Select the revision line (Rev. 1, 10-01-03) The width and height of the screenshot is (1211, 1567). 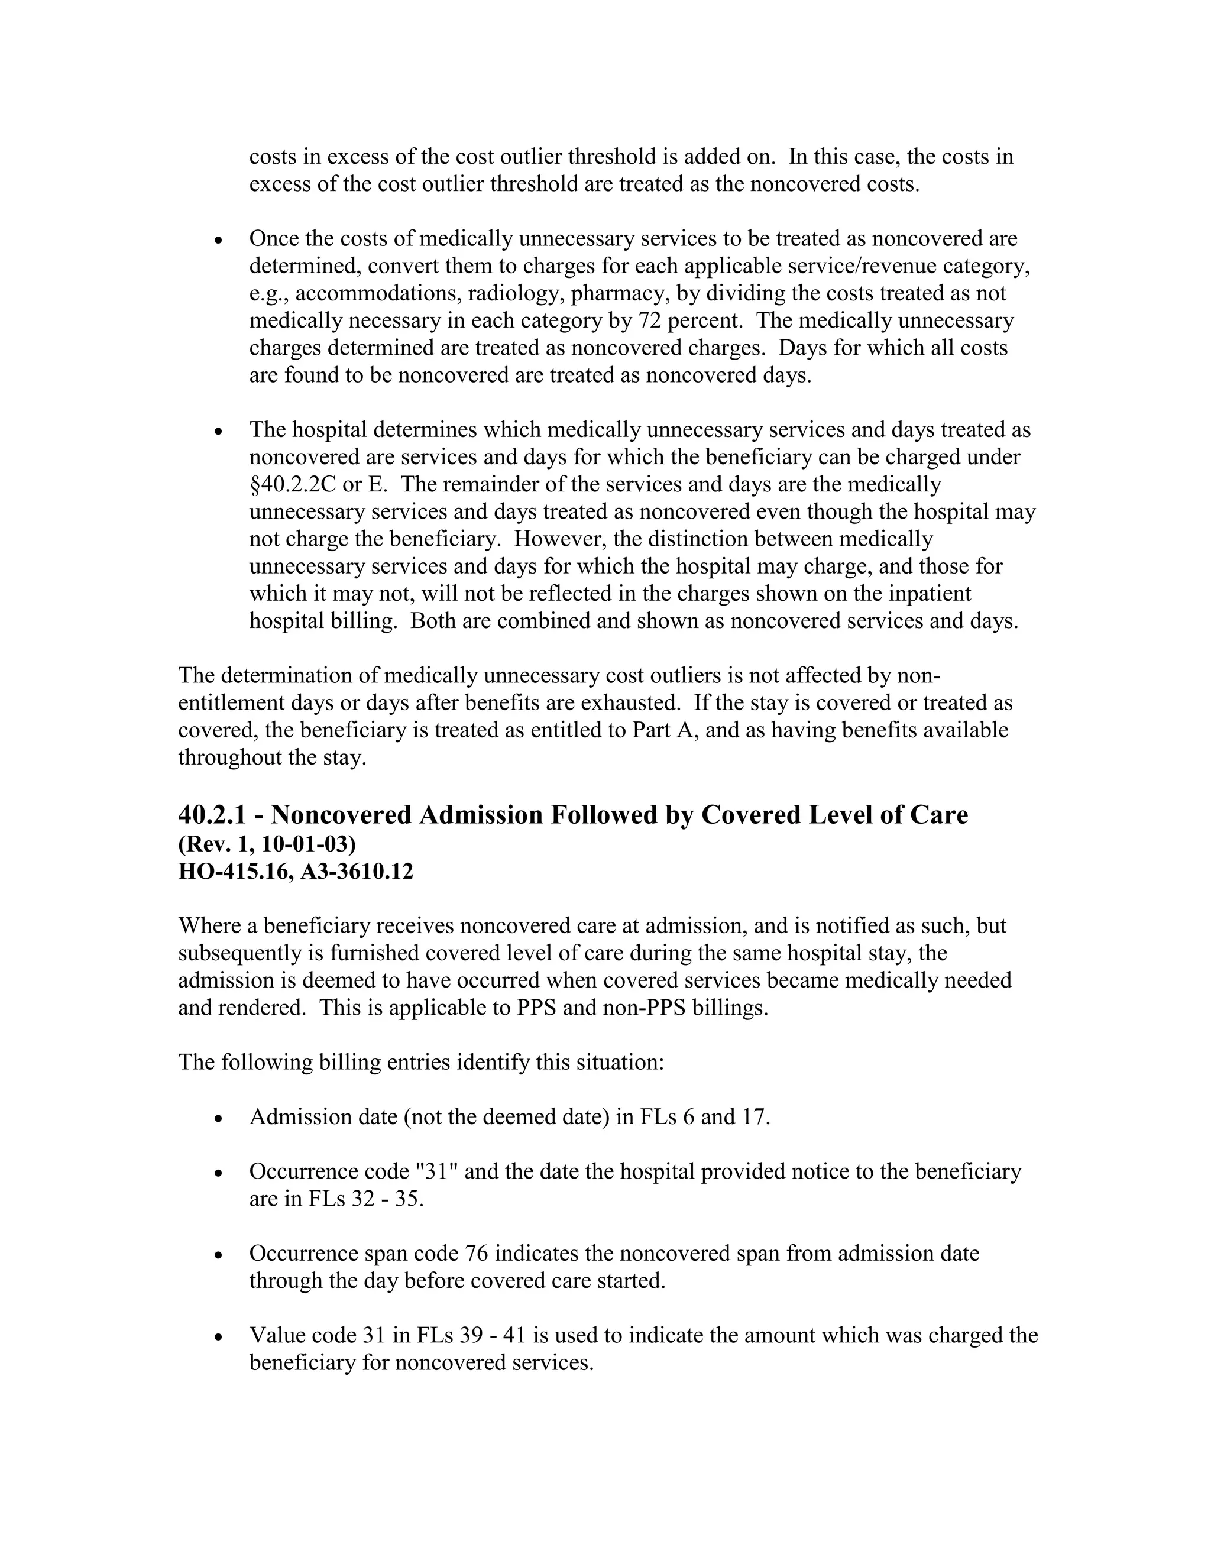[267, 844]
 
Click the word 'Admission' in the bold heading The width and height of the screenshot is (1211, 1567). [478, 815]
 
